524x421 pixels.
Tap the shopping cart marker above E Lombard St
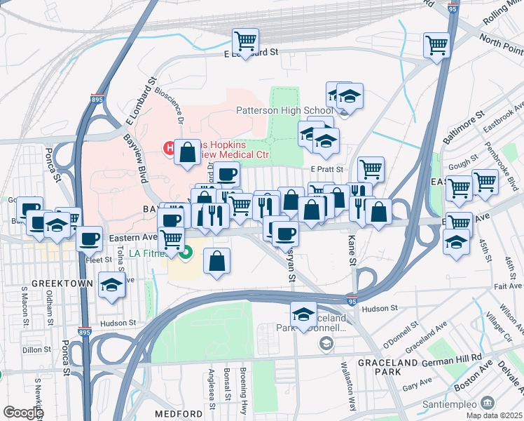pyautogui.click(x=245, y=41)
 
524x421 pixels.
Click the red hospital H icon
pyautogui.click(x=169, y=147)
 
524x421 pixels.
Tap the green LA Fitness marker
pyautogui.click(x=186, y=254)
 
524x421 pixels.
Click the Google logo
pyautogui.click(x=22, y=413)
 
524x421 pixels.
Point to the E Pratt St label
pyautogui.click(x=326, y=169)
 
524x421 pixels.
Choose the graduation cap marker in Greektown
pyautogui.click(x=111, y=285)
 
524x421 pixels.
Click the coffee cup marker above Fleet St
pyautogui.click(x=89, y=239)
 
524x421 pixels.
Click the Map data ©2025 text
pyautogui.click(x=494, y=415)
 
